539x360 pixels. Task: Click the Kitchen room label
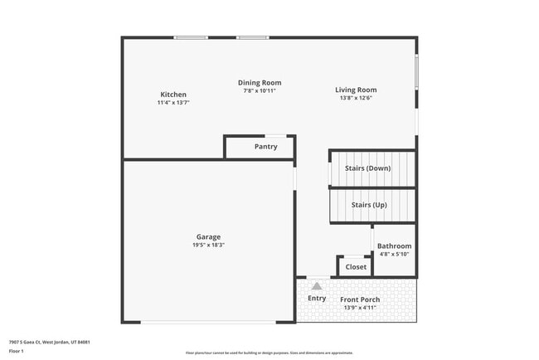[173, 95]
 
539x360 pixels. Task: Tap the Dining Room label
[260, 82]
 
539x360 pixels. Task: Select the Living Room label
[356, 90]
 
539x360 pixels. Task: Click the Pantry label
[265, 147]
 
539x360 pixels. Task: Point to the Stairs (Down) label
[367, 168]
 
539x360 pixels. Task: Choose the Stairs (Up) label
[369, 204]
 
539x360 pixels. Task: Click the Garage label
[208, 237]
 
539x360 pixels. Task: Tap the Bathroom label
[394, 246]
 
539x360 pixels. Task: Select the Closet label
[356, 267]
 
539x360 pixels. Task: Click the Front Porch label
[360, 299]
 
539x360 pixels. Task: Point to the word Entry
[317, 298]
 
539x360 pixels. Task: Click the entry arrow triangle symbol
[316, 286]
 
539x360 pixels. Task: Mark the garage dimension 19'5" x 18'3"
[208, 246]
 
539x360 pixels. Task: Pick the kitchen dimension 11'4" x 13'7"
[173, 103]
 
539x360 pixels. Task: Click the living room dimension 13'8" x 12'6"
[356, 98]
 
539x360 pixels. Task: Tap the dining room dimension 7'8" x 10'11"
[260, 90]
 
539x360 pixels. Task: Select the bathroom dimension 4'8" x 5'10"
[394, 254]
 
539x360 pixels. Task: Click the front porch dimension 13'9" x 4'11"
[359, 308]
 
